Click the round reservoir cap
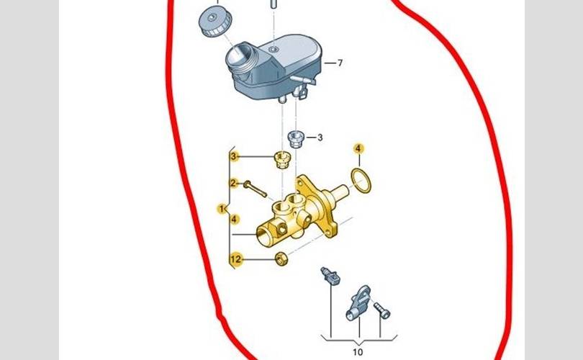click(x=215, y=22)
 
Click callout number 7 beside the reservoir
click(x=340, y=63)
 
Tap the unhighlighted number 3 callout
click(x=320, y=138)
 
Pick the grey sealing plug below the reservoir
click(x=296, y=139)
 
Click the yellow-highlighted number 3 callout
click(x=233, y=156)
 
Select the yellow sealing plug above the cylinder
click(x=282, y=160)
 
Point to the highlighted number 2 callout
click(x=233, y=183)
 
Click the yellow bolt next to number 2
click(x=255, y=189)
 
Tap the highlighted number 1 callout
click(x=222, y=209)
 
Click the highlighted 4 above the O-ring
click(x=358, y=149)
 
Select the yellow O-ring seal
click(x=361, y=181)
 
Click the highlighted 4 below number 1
click(x=234, y=220)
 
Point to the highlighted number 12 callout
click(x=236, y=259)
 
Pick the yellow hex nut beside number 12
click(x=281, y=258)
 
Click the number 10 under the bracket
click(x=357, y=352)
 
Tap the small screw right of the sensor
click(x=382, y=311)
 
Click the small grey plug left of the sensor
click(x=330, y=276)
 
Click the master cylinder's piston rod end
click(x=340, y=193)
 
